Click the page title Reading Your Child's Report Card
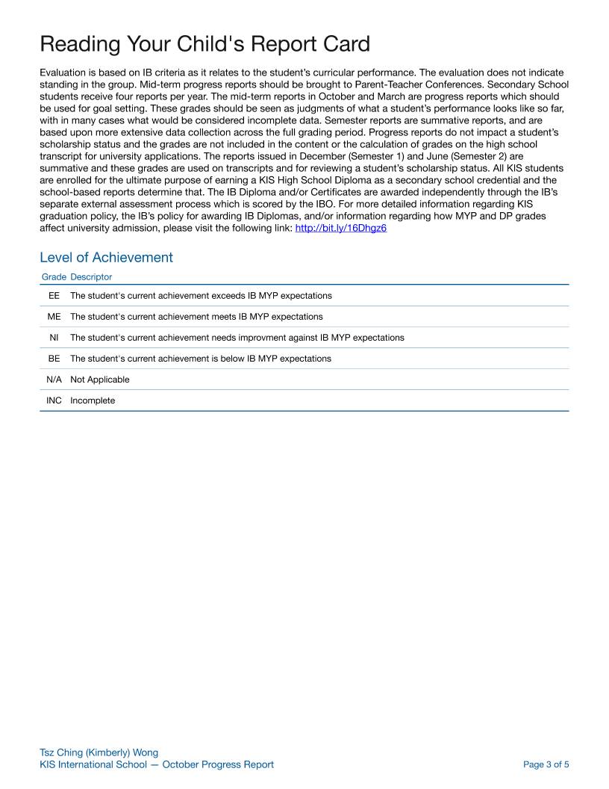click(x=204, y=44)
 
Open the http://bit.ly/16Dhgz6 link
click(x=341, y=228)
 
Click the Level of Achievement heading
click(x=106, y=258)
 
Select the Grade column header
click(x=54, y=277)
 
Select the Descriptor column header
click(x=91, y=277)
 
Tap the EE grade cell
click(x=54, y=296)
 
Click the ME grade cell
click(x=54, y=317)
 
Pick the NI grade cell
click(x=54, y=338)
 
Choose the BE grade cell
click(x=54, y=359)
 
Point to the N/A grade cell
click(x=54, y=380)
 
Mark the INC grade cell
click(x=54, y=400)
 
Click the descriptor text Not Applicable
click(x=99, y=380)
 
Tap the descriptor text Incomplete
click(x=93, y=400)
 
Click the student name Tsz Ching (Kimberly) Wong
click(x=99, y=752)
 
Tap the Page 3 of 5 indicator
click(x=546, y=764)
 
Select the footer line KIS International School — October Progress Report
click(x=157, y=764)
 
